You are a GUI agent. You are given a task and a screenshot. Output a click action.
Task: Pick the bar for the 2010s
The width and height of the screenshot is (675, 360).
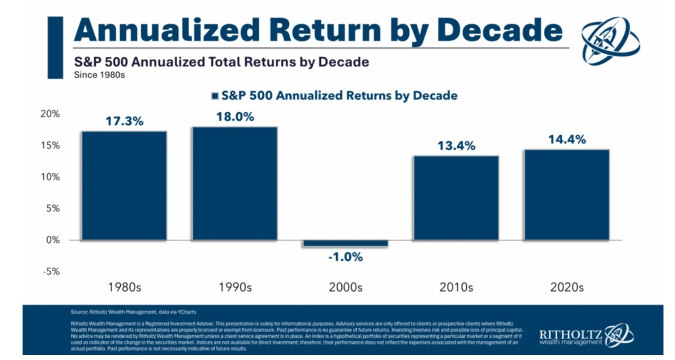(x=456, y=198)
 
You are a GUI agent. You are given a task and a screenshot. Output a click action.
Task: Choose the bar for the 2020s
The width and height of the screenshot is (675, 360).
(x=566, y=195)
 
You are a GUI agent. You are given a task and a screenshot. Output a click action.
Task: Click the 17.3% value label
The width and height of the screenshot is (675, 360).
(x=124, y=121)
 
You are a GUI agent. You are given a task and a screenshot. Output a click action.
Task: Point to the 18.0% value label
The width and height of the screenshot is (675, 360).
(x=235, y=117)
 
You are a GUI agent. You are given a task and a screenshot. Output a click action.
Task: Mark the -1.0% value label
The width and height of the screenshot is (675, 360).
(x=346, y=257)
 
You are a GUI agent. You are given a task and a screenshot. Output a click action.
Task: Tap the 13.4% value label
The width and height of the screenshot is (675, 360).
(x=456, y=146)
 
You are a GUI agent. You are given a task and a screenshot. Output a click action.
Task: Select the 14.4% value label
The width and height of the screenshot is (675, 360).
(x=566, y=140)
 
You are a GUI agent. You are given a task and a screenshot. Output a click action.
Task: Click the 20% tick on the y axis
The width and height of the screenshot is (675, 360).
(x=50, y=114)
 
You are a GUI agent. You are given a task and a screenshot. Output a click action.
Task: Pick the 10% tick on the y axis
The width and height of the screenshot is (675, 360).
(x=50, y=177)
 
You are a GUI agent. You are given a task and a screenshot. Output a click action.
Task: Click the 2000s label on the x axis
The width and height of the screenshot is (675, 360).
(x=346, y=287)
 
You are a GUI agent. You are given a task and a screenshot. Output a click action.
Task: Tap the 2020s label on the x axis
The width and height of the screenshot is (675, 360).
(x=566, y=287)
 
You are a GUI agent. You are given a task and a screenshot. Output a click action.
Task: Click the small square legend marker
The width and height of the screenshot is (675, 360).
(x=215, y=96)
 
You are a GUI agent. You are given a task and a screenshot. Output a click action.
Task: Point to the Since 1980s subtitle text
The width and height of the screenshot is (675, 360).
(x=99, y=75)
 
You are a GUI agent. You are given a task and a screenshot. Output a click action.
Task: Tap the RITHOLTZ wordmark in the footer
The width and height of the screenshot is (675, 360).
(x=570, y=335)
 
